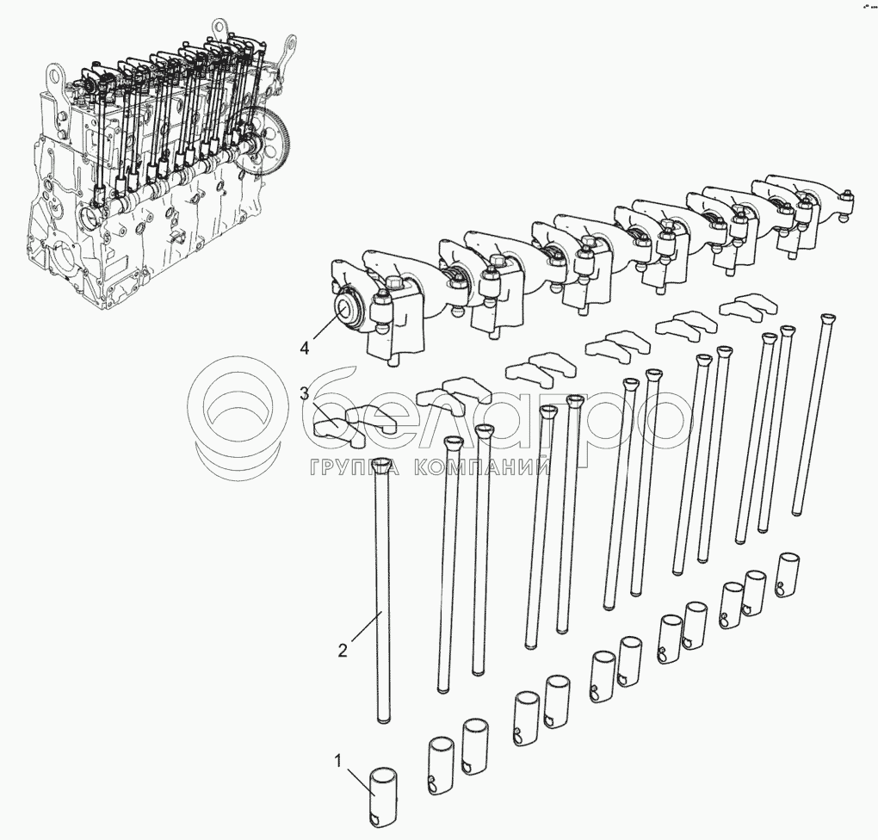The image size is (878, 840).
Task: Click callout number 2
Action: [x=343, y=650]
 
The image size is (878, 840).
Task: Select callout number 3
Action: [x=304, y=393]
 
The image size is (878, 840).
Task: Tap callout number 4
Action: [x=304, y=349]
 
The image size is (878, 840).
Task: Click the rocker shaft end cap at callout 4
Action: [x=349, y=309]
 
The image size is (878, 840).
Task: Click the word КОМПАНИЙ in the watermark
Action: [x=483, y=467]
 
